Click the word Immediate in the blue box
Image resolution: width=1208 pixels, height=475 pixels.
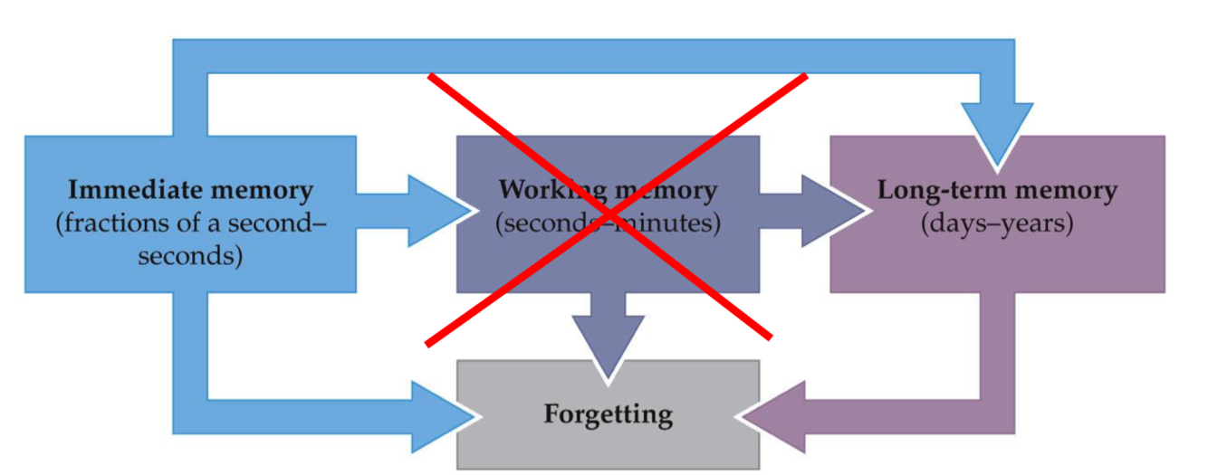(124, 191)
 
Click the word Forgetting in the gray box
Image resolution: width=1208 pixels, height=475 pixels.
(608, 414)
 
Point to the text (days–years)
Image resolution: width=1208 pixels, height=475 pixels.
(996, 223)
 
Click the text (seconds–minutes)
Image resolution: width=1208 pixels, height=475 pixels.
(608, 223)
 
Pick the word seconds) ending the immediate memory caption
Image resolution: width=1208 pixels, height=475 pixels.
(190, 255)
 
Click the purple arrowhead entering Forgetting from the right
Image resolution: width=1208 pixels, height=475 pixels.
(774, 416)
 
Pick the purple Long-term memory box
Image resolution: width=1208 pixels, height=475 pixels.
(996, 262)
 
